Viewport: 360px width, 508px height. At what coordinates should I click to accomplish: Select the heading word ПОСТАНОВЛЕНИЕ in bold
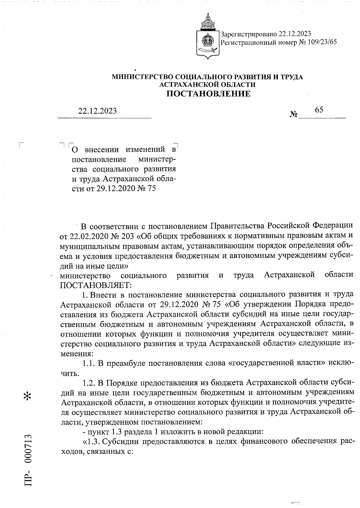tap(208, 94)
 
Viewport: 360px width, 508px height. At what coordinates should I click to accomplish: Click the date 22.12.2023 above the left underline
tap(97, 111)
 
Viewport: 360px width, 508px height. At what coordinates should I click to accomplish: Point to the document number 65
tap(319, 110)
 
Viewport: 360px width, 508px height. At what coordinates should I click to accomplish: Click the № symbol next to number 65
tap(293, 115)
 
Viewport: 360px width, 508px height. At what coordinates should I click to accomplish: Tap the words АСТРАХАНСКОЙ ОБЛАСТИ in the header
tap(208, 85)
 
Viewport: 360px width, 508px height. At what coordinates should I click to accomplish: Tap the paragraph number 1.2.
tap(89, 383)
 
